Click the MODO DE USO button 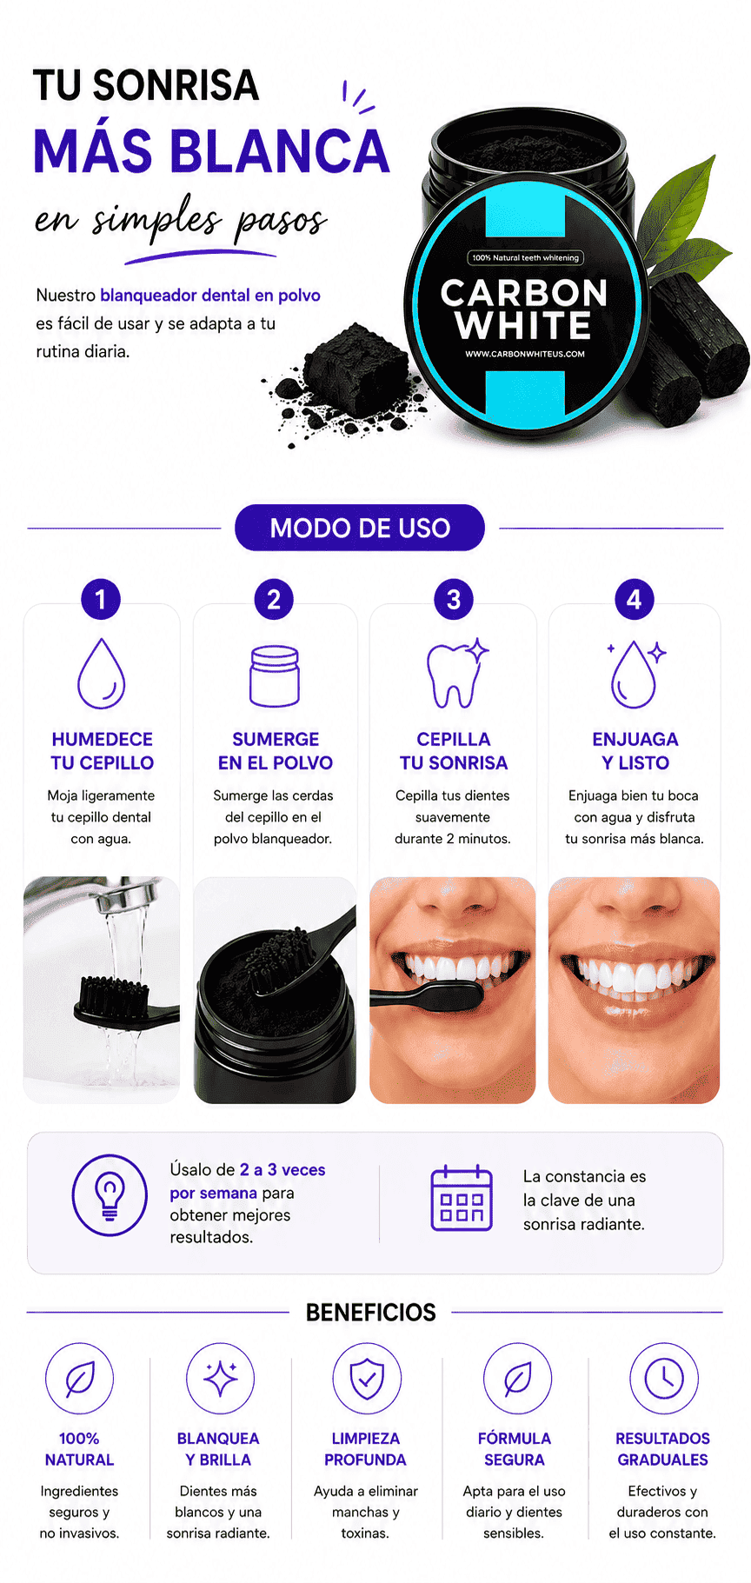(x=359, y=528)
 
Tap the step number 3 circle (x=454, y=599)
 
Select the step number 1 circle (x=101, y=599)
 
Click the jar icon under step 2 (x=275, y=675)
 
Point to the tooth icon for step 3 (x=456, y=674)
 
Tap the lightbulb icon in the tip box (x=110, y=1194)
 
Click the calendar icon (x=462, y=1199)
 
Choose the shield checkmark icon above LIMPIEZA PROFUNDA (x=367, y=1378)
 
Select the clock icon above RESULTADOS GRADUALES (x=664, y=1378)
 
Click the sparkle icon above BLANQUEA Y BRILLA (x=221, y=1378)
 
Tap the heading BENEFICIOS (x=370, y=1312)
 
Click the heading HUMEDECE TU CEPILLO (x=102, y=751)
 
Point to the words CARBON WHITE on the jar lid (x=524, y=309)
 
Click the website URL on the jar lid (x=525, y=354)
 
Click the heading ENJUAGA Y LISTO (x=635, y=751)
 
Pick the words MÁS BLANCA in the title (x=211, y=150)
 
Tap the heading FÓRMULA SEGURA (x=515, y=1449)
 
